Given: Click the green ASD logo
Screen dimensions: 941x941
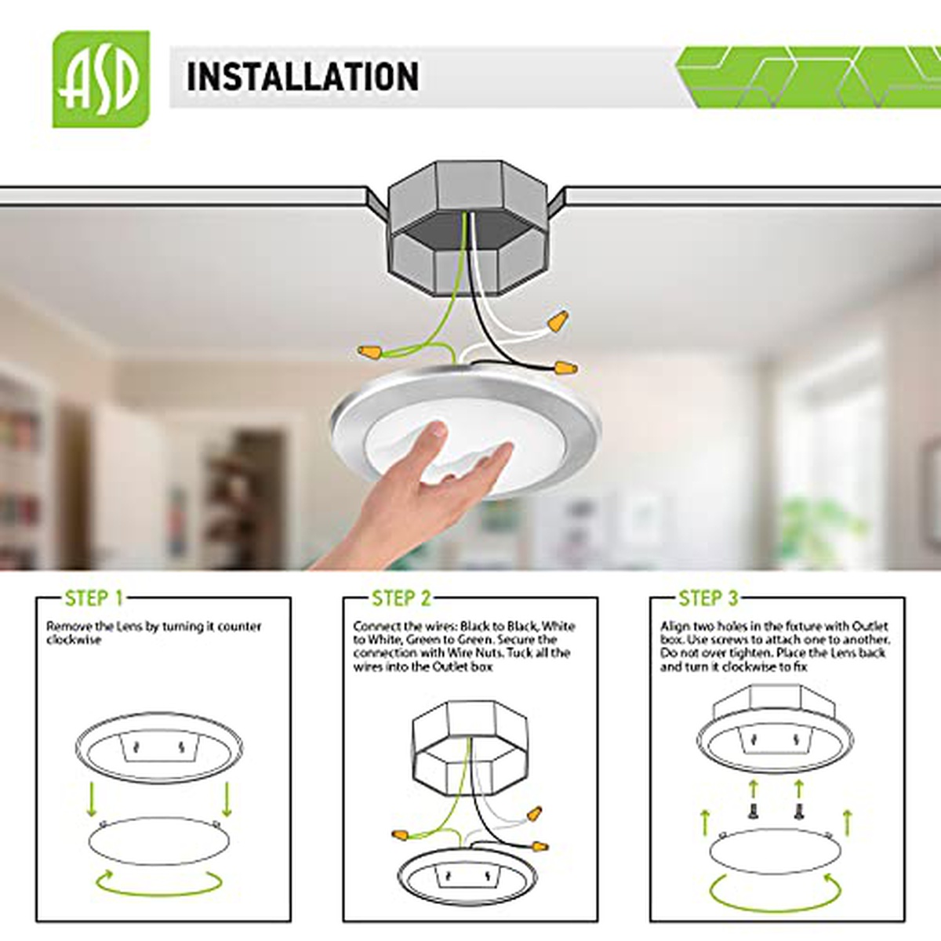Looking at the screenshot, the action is (x=101, y=79).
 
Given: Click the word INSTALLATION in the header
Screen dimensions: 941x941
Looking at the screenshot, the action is (x=303, y=77).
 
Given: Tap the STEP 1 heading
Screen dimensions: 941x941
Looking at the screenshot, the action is (x=94, y=598).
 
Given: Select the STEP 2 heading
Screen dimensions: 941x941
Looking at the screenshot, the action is (x=401, y=598).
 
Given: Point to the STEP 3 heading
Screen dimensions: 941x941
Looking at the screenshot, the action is (x=709, y=598).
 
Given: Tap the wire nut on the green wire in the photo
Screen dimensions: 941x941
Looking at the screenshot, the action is (x=369, y=351).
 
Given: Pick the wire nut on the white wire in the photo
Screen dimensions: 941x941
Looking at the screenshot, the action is (x=558, y=321).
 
